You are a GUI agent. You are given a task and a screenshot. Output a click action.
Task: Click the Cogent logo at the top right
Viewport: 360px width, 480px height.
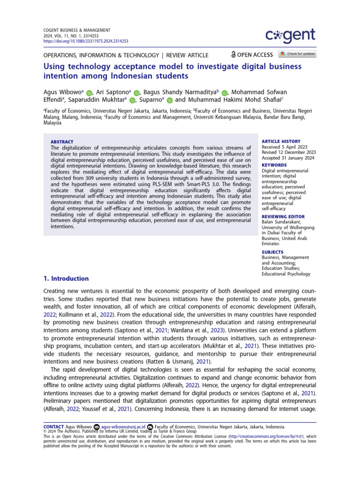(291, 36)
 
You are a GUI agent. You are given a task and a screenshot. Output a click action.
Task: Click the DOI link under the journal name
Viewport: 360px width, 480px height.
(73, 41)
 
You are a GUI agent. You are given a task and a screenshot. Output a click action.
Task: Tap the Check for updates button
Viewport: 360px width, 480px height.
(297, 54)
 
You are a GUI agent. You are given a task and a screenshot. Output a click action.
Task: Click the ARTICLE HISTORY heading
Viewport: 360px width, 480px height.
(281, 141)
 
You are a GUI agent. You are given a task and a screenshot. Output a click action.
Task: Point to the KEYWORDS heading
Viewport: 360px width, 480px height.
(274, 165)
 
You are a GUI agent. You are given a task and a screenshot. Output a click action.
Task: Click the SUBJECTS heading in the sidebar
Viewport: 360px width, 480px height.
(273, 252)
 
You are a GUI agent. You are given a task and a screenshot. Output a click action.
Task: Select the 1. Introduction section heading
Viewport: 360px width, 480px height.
(66, 278)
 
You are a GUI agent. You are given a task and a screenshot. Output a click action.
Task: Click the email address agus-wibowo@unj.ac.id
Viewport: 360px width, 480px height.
(123, 427)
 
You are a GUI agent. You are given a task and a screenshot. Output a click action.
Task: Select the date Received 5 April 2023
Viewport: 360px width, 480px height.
(285, 147)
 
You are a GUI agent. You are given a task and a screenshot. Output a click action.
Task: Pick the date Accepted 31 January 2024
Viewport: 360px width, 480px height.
(288, 158)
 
